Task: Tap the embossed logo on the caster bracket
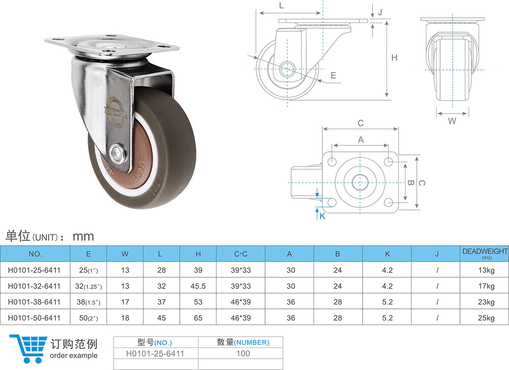[x=113, y=111]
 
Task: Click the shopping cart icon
[x=29, y=349]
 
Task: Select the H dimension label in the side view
[x=394, y=58]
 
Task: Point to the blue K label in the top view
[x=322, y=216]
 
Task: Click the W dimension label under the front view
[x=452, y=121]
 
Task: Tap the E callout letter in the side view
[x=333, y=75]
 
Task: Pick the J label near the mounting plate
[x=380, y=12]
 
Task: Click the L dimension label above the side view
[x=281, y=5]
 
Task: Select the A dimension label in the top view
[x=361, y=140]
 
